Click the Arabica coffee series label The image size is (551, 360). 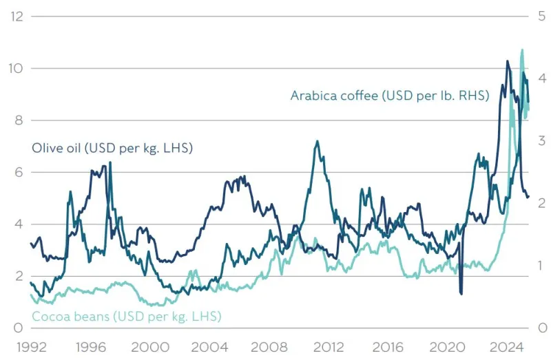389,96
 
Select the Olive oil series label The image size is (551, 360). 112,148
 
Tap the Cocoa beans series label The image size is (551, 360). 126,317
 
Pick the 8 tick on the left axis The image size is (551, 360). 19,120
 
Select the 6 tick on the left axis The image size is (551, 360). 19,172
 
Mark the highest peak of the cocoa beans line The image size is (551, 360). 521,50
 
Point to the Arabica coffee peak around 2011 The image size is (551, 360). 316,142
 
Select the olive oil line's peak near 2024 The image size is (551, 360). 508,61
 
